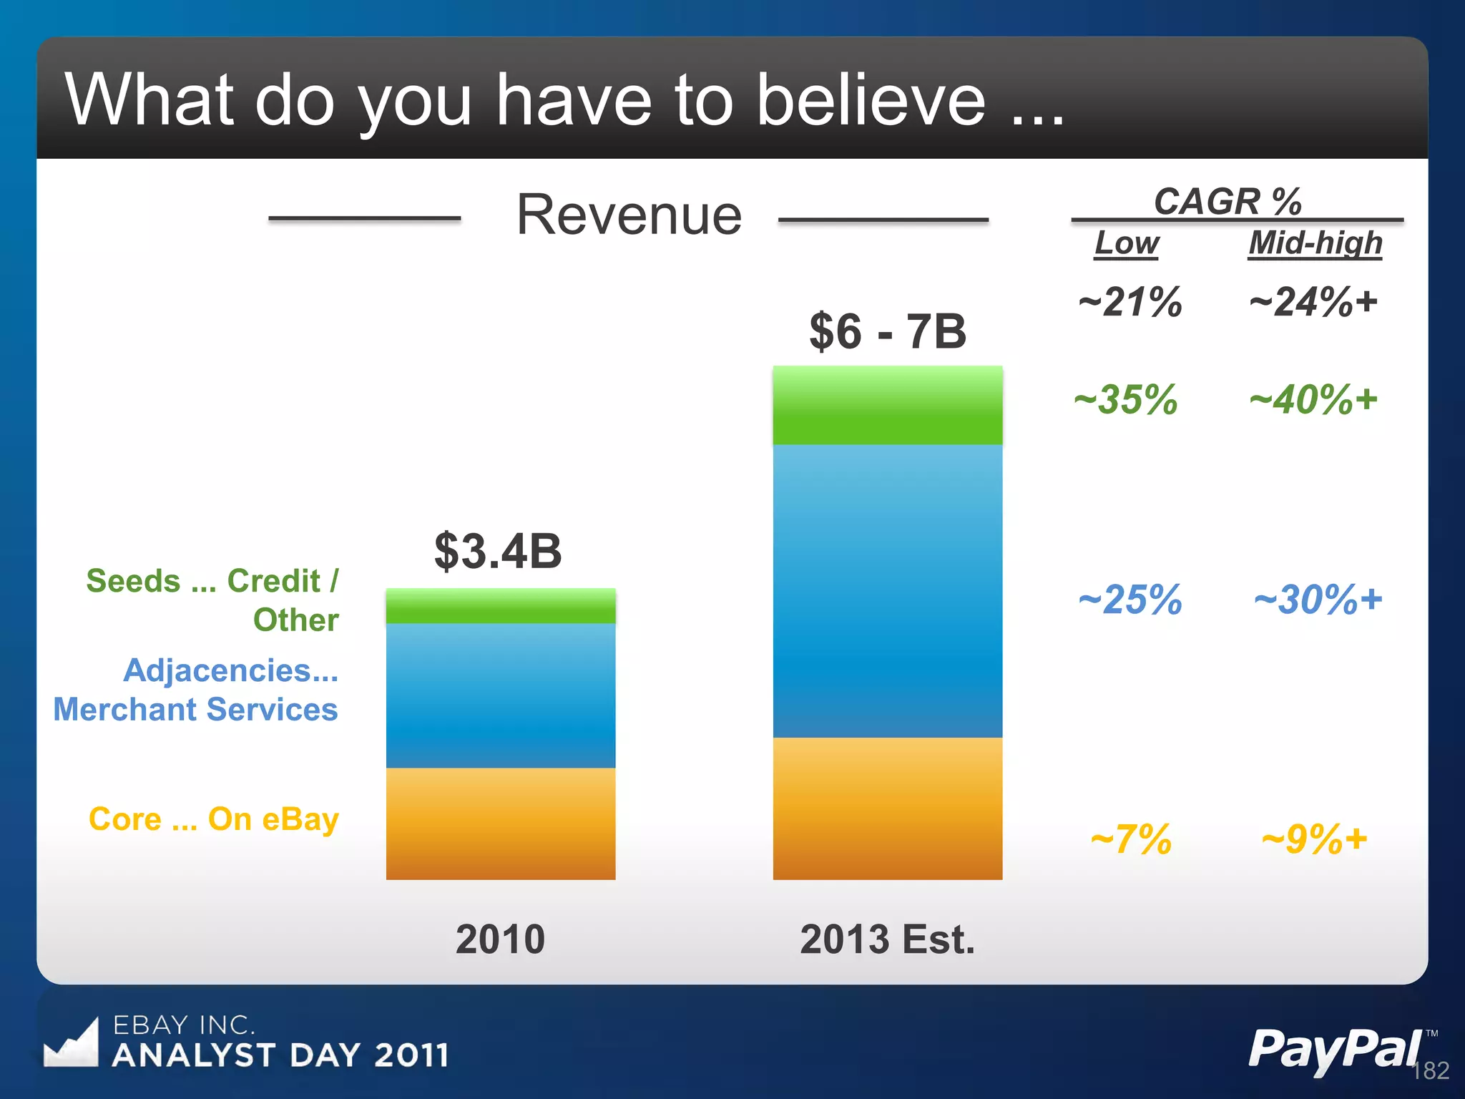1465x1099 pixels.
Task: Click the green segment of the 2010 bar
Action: point(501,605)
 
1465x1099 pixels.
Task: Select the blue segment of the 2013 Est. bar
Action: point(887,590)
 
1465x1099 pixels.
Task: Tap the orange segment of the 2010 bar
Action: point(501,824)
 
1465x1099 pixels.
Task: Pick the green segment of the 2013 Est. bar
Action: point(887,405)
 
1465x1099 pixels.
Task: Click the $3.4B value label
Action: point(498,551)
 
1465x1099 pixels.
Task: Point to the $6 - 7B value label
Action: point(887,331)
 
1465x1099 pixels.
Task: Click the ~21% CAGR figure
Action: point(1130,301)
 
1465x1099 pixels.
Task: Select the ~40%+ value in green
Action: point(1313,399)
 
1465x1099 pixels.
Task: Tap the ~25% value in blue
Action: point(1130,599)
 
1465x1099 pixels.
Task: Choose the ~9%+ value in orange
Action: point(1314,839)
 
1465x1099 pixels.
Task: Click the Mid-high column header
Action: point(1315,243)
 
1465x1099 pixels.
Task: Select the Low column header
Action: point(1127,243)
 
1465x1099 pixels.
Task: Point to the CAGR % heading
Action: point(1227,201)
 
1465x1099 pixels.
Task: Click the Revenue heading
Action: point(629,215)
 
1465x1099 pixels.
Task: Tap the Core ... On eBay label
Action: point(213,819)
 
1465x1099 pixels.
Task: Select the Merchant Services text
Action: point(195,710)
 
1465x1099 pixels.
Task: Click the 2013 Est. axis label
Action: point(887,939)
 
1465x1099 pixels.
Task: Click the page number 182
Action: point(1431,1070)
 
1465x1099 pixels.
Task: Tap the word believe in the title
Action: point(871,100)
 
